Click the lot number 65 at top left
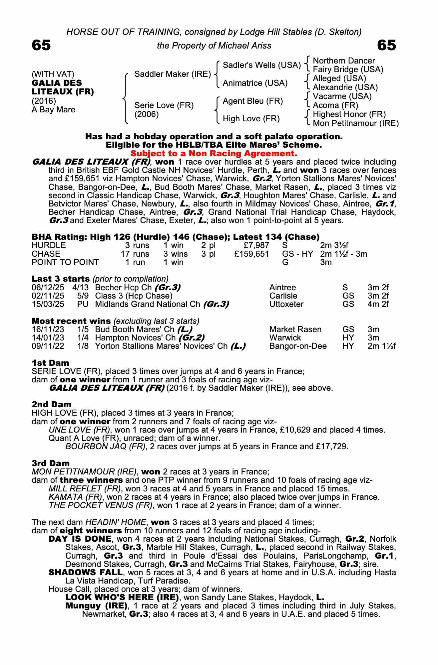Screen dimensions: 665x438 coord(41,45)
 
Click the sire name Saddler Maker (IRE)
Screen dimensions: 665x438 coord(173,74)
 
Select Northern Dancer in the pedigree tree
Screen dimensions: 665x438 coord(344,61)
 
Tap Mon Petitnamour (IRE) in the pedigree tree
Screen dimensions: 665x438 coord(356,123)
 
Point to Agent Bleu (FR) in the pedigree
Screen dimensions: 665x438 coord(252,101)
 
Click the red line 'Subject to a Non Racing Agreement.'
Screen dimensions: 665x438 coord(214,154)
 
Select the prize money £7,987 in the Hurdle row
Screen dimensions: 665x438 coord(256,245)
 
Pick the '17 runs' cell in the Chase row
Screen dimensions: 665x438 coord(135,254)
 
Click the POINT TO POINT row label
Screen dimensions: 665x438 coord(65,262)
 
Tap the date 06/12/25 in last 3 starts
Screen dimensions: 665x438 coord(48,288)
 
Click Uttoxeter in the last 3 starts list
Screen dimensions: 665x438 coord(286,304)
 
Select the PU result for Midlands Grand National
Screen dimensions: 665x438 coord(83,304)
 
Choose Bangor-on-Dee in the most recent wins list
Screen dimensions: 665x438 coord(298,346)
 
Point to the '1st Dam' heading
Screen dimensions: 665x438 coord(50,363)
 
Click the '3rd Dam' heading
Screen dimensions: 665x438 coord(51,463)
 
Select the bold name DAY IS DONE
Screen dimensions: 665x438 coord(80,539)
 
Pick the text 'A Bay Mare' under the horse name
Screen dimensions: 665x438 coord(53,110)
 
